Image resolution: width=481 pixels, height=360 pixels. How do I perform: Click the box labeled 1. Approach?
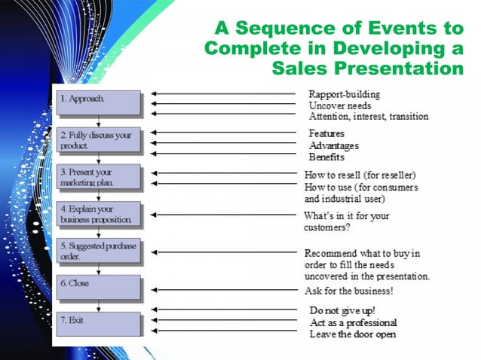[99, 102]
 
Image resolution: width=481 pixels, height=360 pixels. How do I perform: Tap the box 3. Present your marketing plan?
[99, 176]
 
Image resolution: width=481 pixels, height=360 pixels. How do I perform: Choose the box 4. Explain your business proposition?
[99, 213]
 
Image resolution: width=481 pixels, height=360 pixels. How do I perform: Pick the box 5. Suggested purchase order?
[99, 251]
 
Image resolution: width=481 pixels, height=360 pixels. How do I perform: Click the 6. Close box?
[99, 287]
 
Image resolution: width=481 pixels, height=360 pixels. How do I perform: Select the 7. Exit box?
[99, 324]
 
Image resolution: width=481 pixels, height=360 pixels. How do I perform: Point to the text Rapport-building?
[345, 95]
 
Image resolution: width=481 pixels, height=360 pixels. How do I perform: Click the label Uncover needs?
[339, 106]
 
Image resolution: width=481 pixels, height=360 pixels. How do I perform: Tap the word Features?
[327, 133]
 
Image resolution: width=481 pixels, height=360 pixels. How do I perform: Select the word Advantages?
[333, 145]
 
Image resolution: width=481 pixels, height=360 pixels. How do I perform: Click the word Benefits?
[326, 157]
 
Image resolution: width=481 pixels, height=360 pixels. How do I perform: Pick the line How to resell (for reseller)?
[360, 175]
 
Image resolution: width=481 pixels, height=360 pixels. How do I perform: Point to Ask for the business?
[348, 291]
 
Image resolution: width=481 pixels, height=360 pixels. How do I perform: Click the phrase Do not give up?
[342, 310]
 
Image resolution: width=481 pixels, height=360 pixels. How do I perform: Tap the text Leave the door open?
[353, 334]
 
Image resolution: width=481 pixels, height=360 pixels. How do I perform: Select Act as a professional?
[353, 322]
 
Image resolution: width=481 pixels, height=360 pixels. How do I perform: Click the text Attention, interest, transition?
[369, 117]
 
